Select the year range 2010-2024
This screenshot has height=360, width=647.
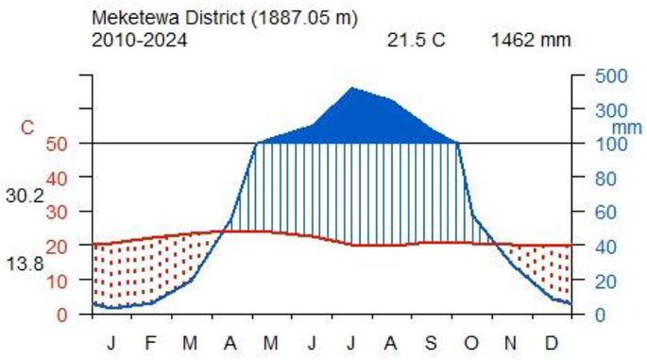[139, 40]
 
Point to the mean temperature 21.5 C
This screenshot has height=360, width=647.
[416, 41]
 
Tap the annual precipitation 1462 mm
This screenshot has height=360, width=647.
[531, 41]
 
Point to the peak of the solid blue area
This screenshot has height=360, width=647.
[351, 88]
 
